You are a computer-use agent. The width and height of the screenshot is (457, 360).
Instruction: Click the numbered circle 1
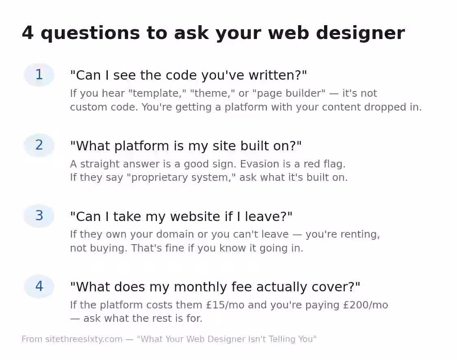tap(39, 75)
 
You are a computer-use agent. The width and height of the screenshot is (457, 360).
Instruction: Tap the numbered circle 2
tap(39, 145)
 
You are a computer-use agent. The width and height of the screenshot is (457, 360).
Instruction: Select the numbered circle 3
tap(39, 216)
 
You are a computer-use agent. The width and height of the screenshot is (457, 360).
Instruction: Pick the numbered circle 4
tap(39, 286)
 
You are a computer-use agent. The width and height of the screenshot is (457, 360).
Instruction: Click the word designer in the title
tap(360, 33)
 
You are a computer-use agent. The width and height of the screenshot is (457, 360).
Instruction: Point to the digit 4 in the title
tap(28, 33)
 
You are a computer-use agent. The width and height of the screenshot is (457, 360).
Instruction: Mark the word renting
tap(358, 234)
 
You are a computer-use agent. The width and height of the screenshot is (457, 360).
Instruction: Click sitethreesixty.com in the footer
tap(84, 339)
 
